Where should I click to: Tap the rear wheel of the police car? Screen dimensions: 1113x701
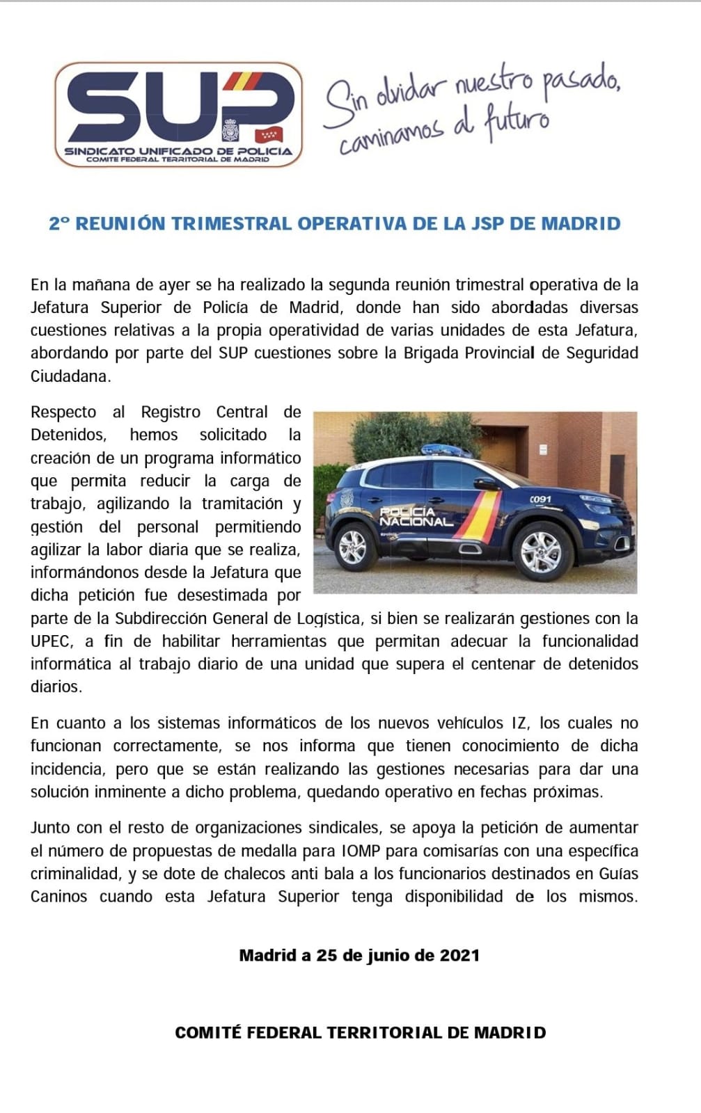click(353, 547)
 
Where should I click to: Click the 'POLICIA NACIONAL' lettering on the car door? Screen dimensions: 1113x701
click(416, 517)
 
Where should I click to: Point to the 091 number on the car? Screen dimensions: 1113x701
click(540, 499)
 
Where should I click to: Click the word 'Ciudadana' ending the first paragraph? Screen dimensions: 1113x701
click(69, 376)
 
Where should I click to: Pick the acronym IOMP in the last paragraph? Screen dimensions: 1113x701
click(359, 850)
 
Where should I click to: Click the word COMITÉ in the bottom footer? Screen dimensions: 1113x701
click(208, 1032)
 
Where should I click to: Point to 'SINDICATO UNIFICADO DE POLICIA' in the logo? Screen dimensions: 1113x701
click(178, 151)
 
